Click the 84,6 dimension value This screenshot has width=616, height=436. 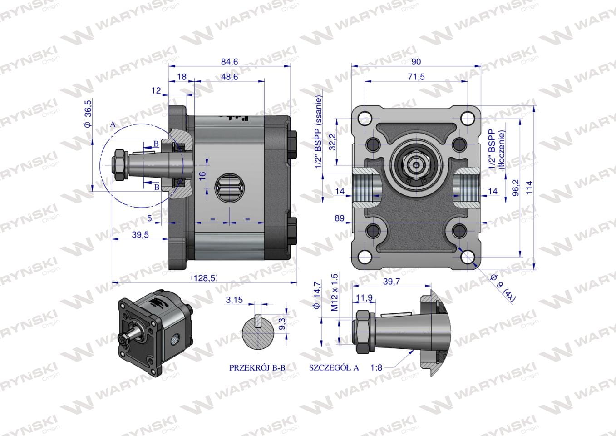(x=229, y=62)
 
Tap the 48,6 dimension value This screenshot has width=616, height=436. (x=229, y=77)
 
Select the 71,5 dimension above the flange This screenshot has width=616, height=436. (x=416, y=77)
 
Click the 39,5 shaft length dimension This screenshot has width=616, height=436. (x=140, y=235)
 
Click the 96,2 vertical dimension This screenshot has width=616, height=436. (x=516, y=188)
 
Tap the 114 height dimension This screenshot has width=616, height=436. (x=529, y=188)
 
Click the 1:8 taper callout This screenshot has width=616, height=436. (x=376, y=367)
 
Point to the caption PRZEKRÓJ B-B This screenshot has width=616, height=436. (x=257, y=367)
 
